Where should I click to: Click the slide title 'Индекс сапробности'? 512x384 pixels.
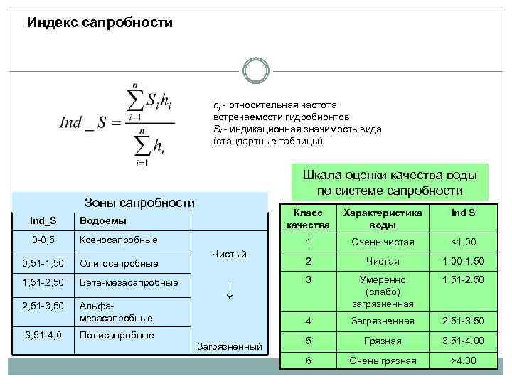pyautogui.click(x=100, y=23)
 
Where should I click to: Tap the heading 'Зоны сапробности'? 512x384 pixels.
pyautogui.click(x=139, y=202)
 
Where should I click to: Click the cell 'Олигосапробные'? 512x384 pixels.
pyautogui.click(x=118, y=264)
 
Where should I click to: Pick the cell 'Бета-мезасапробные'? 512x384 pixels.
pyautogui.click(x=129, y=283)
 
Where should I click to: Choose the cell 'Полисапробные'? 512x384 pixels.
pyautogui.click(x=117, y=335)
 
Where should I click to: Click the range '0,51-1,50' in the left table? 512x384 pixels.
pyautogui.click(x=43, y=264)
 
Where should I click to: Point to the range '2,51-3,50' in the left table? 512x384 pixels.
pyautogui.click(x=43, y=306)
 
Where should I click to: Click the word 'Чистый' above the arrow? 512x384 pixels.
pyautogui.click(x=229, y=254)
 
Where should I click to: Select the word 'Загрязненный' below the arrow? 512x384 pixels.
pyautogui.click(x=228, y=346)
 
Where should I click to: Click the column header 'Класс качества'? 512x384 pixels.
pyautogui.click(x=308, y=219)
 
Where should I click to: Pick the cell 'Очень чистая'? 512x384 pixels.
pyautogui.click(x=383, y=242)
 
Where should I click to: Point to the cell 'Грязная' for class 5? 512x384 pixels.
pyautogui.click(x=383, y=341)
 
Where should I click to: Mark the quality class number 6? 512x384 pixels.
pyautogui.click(x=308, y=361)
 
